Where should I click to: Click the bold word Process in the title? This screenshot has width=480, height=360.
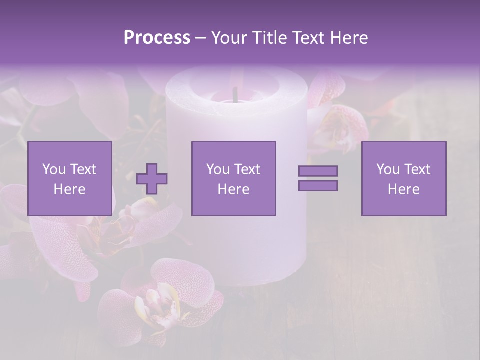coord(157,38)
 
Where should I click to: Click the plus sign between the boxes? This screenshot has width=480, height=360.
coord(152,179)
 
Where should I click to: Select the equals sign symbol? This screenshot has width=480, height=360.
coord(318,178)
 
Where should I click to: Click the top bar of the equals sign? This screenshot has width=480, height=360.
coord(318,171)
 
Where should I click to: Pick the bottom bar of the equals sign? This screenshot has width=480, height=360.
coord(318,185)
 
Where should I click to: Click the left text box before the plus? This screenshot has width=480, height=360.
coord(70,178)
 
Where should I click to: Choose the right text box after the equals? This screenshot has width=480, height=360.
coord(404,178)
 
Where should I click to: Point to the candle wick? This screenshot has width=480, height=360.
coord(234,93)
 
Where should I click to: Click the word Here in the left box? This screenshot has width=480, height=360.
coord(69,189)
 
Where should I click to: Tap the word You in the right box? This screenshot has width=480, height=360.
coord(388,169)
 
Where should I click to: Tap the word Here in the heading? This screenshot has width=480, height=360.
coord(349,38)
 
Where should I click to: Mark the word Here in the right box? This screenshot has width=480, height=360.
coord(403,189)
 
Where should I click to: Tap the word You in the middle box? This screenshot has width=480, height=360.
coord(218,169)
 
